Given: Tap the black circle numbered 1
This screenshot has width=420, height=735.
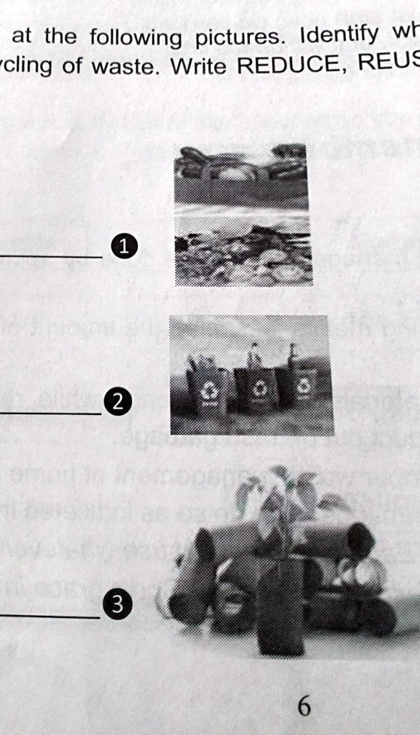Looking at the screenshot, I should [123, 248].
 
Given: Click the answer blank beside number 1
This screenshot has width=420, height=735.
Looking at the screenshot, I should [50, 256].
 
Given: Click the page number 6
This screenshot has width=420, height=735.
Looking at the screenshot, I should [304, 707].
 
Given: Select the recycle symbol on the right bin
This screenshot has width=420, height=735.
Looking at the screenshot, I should [304, 387].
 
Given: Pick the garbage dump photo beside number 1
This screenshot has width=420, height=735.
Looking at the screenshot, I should [243, 215].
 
